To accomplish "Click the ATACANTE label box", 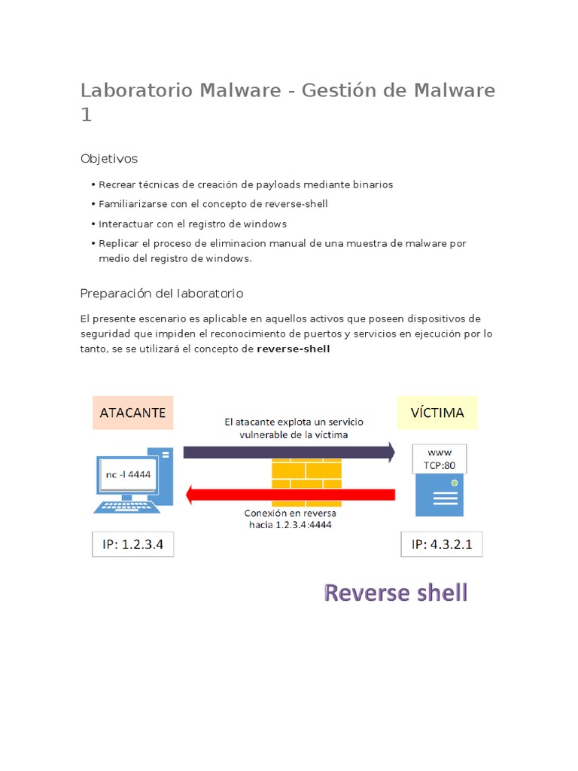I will click(133, 413).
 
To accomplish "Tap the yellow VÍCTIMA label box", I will click(437, 413).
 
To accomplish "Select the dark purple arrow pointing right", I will click(289, 452).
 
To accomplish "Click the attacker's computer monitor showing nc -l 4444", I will click(125, 476).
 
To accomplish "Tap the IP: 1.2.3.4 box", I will click(133, 544).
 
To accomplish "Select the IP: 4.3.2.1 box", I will click(442, 544).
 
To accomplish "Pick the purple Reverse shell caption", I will click(396, 593).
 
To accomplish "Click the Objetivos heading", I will click(109, 159).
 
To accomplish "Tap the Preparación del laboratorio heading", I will click(162, 293).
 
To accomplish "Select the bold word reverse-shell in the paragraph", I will click(294, 349).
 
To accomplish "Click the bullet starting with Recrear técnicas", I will click(245, 184).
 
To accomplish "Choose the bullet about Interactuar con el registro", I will click(193, 224).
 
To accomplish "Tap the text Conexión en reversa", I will click(290, 513).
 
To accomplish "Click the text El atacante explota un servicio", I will click(294, 423).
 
